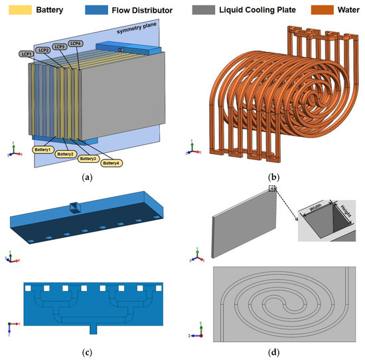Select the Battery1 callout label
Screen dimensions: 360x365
pyautogui.click(x=42, y=149)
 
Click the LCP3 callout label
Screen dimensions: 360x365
pyautogui.click(x=60, y=46)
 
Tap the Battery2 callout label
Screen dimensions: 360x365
pyautogui.click(x=64, y=154)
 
